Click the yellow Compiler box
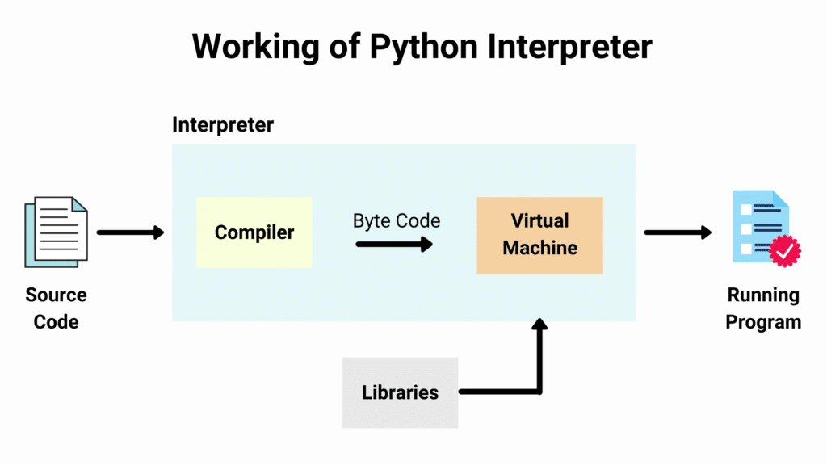click(254, 232)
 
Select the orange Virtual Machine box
click(539, 235)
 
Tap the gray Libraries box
click(400, 392)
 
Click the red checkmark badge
click(784, 252)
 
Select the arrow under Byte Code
click(394, 243)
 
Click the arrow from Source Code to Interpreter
click(130, 232)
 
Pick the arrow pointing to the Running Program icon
click(678, 232)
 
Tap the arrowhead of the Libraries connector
click(539, 326)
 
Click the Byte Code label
click(396, 220)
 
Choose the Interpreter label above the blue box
click(223, 125)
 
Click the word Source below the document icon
click(56, 295)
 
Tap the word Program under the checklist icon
click(763, 322)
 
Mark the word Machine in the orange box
click(539, 247)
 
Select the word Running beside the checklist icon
click(763, 295)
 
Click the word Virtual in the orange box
click(539, 220)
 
